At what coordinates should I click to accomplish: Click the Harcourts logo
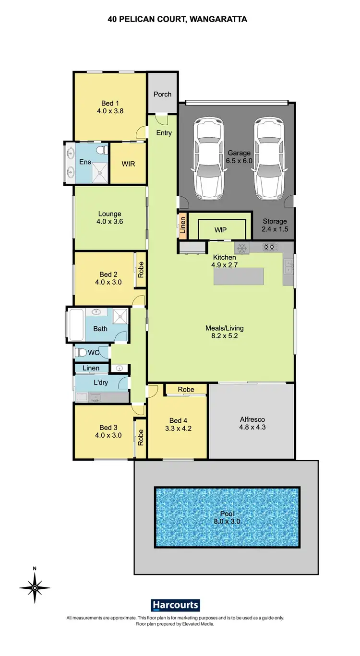tap(175, 605)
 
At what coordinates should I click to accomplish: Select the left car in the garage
tap(208, 159)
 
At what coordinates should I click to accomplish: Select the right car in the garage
tap(269, 159)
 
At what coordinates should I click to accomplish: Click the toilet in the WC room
tap(82, 353)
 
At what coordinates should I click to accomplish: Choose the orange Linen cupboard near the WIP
tap(182, 225)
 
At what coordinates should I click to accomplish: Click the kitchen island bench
tap(239, 276)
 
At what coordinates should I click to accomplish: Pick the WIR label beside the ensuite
tap(128, 164)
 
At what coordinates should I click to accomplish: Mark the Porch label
tap(162, 94)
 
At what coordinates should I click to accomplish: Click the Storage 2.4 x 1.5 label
tap(275, 225)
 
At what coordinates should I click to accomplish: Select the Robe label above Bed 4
tap(186, 389)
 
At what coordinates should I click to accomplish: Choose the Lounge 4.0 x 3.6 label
tap(109, 218)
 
